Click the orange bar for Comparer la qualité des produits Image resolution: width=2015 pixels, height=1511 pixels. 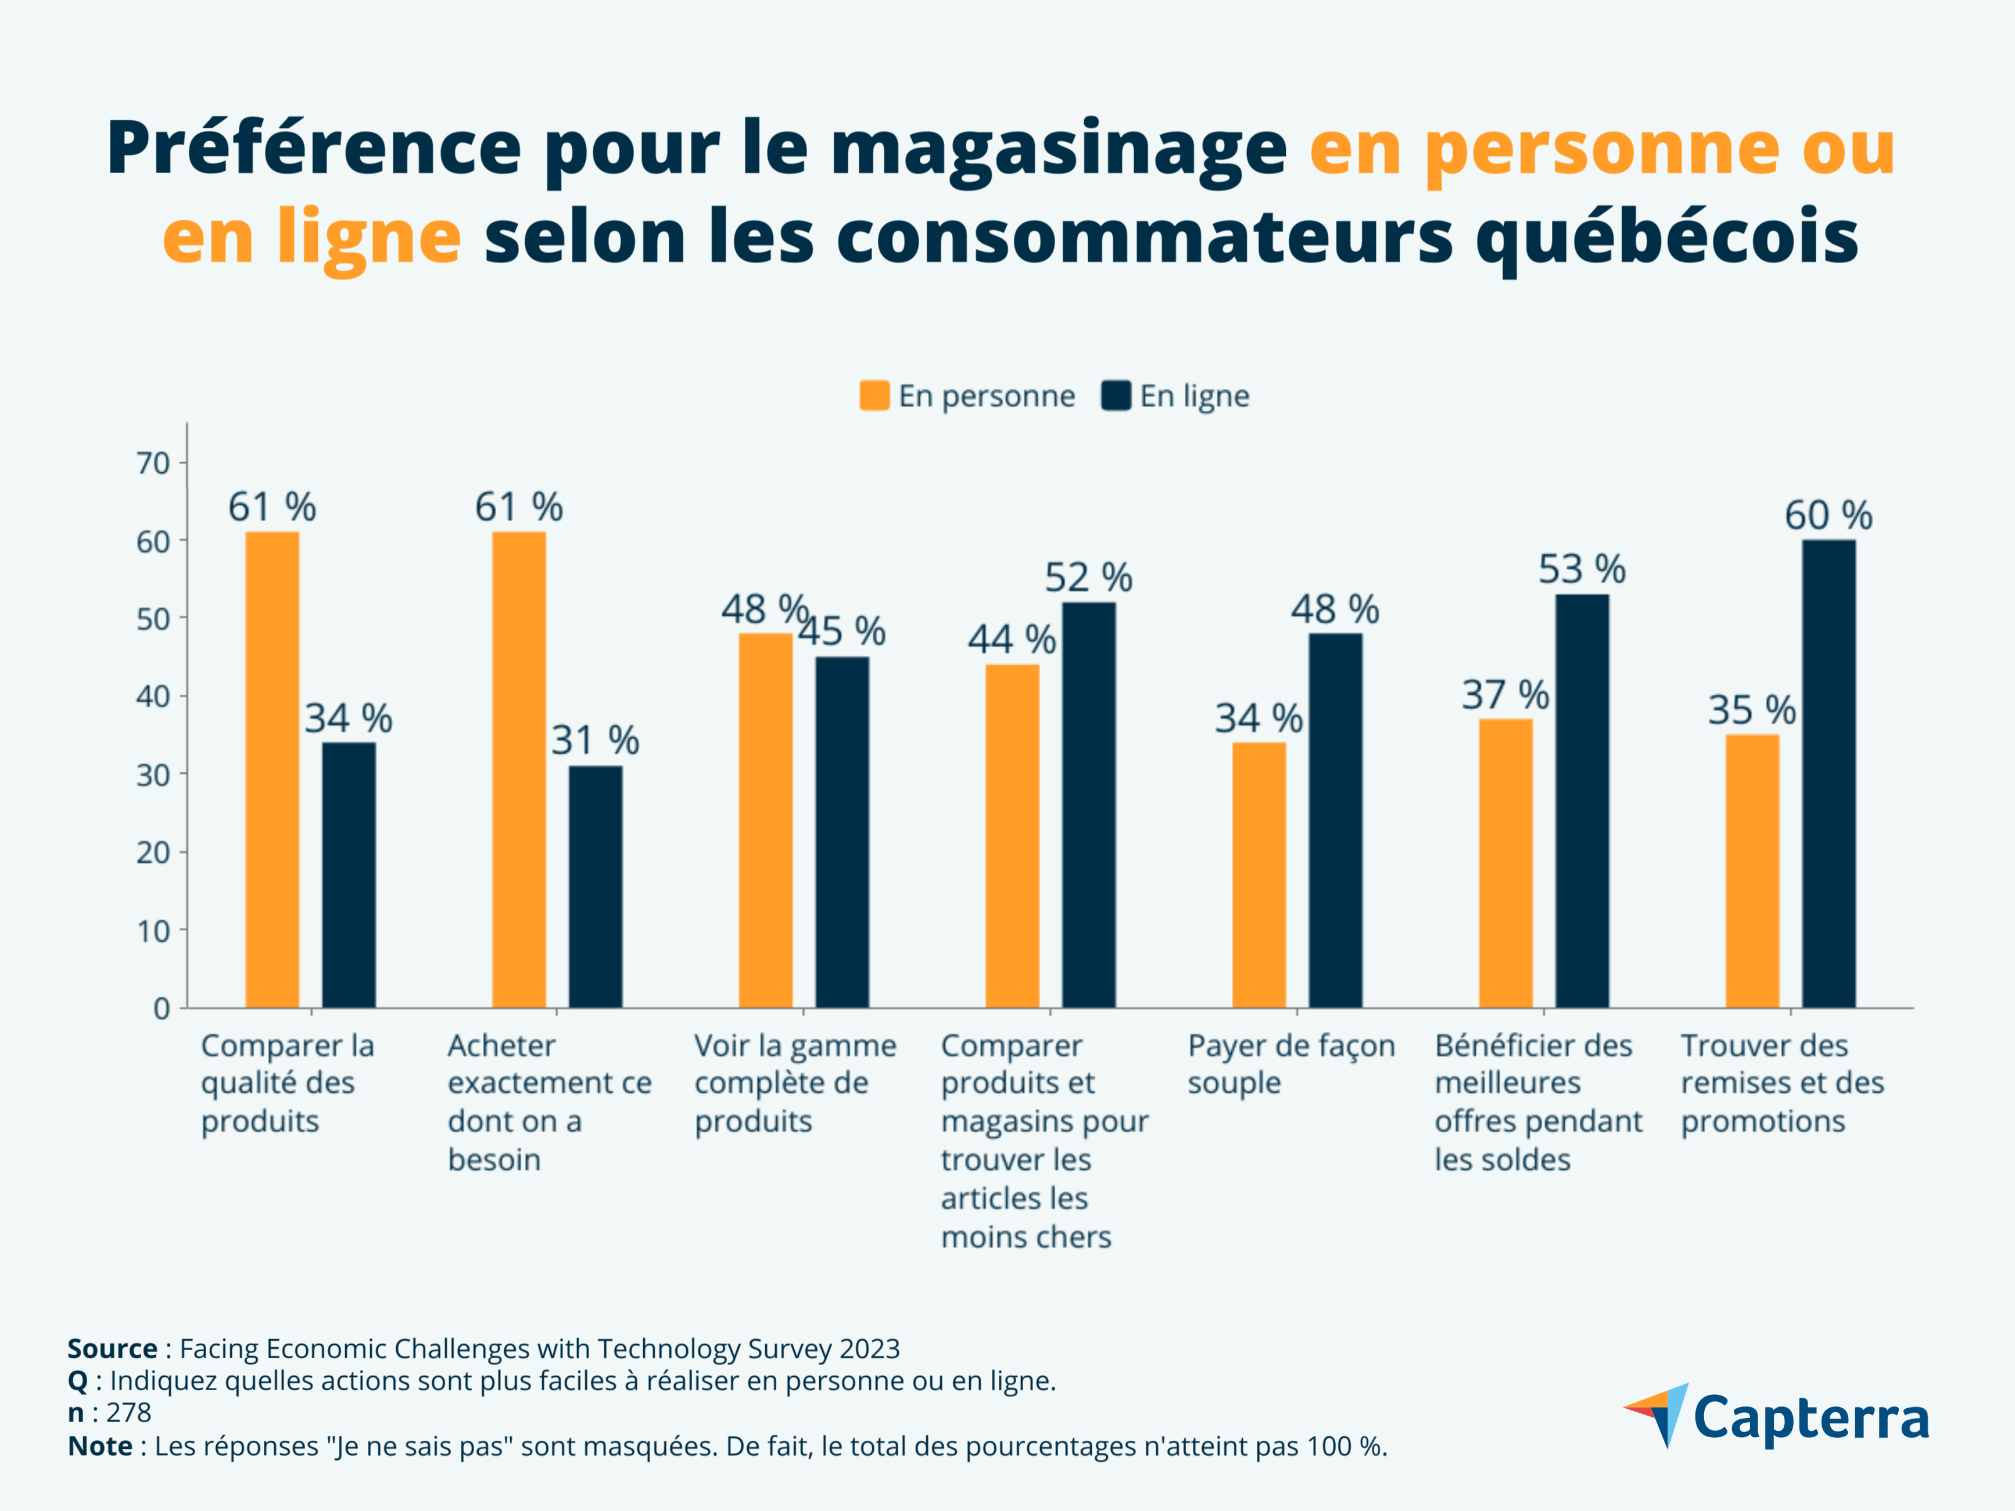[273, 770]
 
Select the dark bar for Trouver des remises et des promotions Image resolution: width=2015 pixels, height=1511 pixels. [1828, 774]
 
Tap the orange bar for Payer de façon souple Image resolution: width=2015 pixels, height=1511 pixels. [1259, 874]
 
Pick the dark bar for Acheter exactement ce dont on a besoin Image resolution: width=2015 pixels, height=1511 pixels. [596, 886]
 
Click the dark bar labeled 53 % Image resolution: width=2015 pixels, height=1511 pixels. [1582, 802]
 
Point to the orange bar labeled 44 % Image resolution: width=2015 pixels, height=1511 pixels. [1012, 836]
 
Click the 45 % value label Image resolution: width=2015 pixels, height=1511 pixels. [842, 631]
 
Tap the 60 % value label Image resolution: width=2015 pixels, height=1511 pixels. [1828, 515]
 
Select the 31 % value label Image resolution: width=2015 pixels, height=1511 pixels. [596, 741]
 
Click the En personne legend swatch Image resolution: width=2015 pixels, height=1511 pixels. [874, 396]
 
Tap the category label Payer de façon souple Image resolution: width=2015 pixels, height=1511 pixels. [1291, 1064]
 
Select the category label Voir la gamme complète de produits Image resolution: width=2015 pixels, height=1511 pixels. [794, 1083]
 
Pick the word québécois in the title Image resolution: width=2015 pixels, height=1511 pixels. [1666, 237]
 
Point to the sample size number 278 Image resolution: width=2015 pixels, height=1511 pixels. [128, 1413]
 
